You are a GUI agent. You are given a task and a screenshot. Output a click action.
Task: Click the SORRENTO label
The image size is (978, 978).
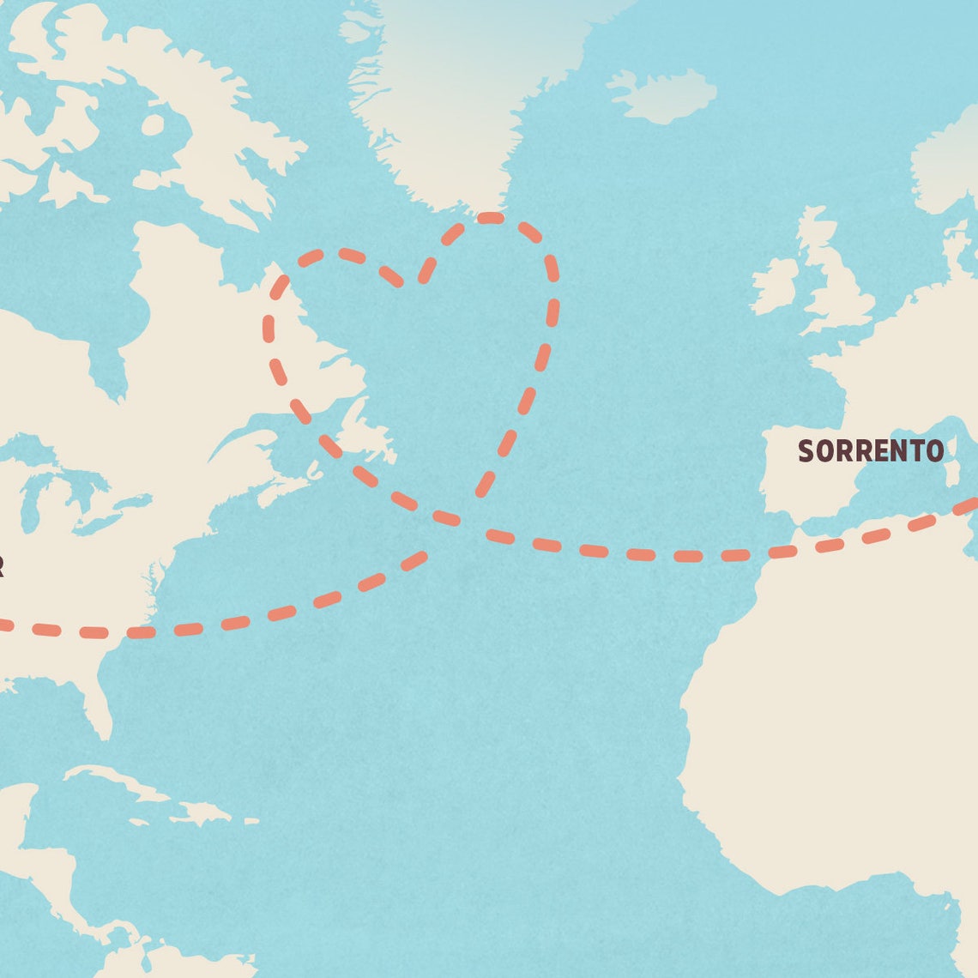(x=870, y=450)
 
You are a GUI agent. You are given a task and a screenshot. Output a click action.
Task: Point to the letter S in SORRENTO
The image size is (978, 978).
(x=806, y=450)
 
